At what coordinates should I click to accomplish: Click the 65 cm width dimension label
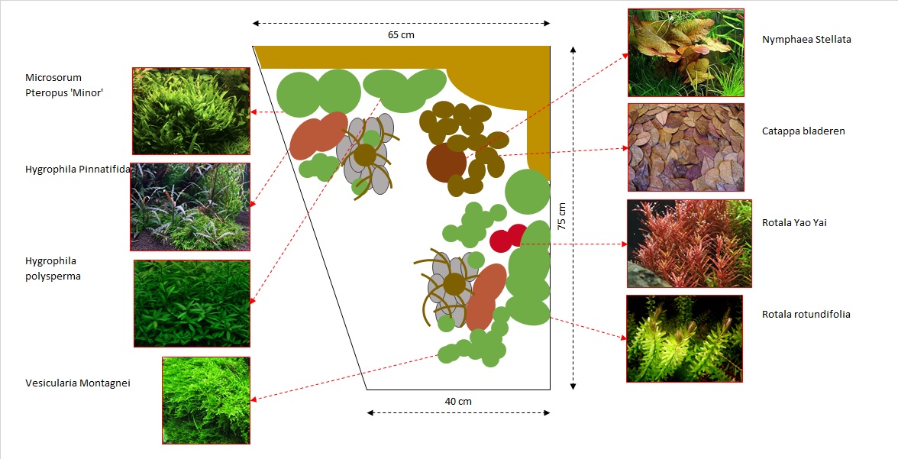(x=401, y=35)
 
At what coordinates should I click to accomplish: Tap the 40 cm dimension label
(x=458, y=401)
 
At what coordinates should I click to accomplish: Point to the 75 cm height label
(x=562, y=216)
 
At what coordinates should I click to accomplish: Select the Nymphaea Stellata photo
(x=686, y=53)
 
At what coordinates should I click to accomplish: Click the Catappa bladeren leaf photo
(x=686, y=147)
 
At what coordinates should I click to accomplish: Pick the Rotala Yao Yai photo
(x=690, y=244)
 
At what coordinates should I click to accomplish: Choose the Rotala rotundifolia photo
(x=684, y=338)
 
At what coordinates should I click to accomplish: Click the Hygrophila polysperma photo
(x=192, y=304)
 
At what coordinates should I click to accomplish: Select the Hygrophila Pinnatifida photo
(x=190, y=207)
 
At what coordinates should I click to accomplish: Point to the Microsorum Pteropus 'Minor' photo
(x=191, y=112)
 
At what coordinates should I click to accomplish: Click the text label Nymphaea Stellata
(x=806, y=40)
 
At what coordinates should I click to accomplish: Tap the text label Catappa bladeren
(x=803, y=131)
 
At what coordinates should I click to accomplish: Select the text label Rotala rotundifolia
(x=806, y=315)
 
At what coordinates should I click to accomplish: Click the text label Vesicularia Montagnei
(x=78, y=383)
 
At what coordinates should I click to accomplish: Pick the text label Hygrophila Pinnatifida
(x=78, y=170)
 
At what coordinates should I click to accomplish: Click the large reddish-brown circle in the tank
(x=446, y=163)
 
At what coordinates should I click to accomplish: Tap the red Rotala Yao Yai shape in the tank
(x=509, y=238)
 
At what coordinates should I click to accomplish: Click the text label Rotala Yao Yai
(x=794, y=223)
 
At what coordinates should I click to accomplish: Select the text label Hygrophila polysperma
(x=53, y=269)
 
